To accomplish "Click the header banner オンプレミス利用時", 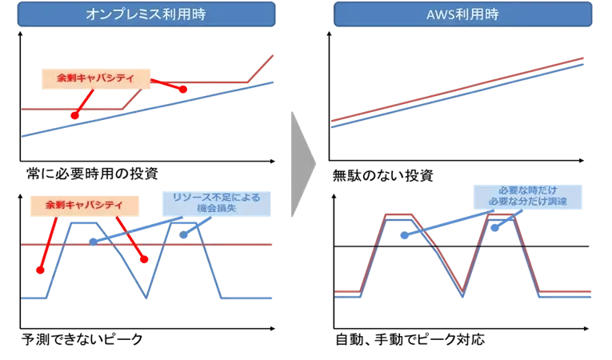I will click(x=150, y=14).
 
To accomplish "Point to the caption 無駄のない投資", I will click(x=382, y=174).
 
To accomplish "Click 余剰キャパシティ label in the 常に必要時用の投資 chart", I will click(x=95, y=78).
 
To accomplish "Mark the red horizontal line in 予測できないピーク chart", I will click(x=240, y=245).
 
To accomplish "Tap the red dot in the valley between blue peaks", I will click(x=145, y=259).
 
